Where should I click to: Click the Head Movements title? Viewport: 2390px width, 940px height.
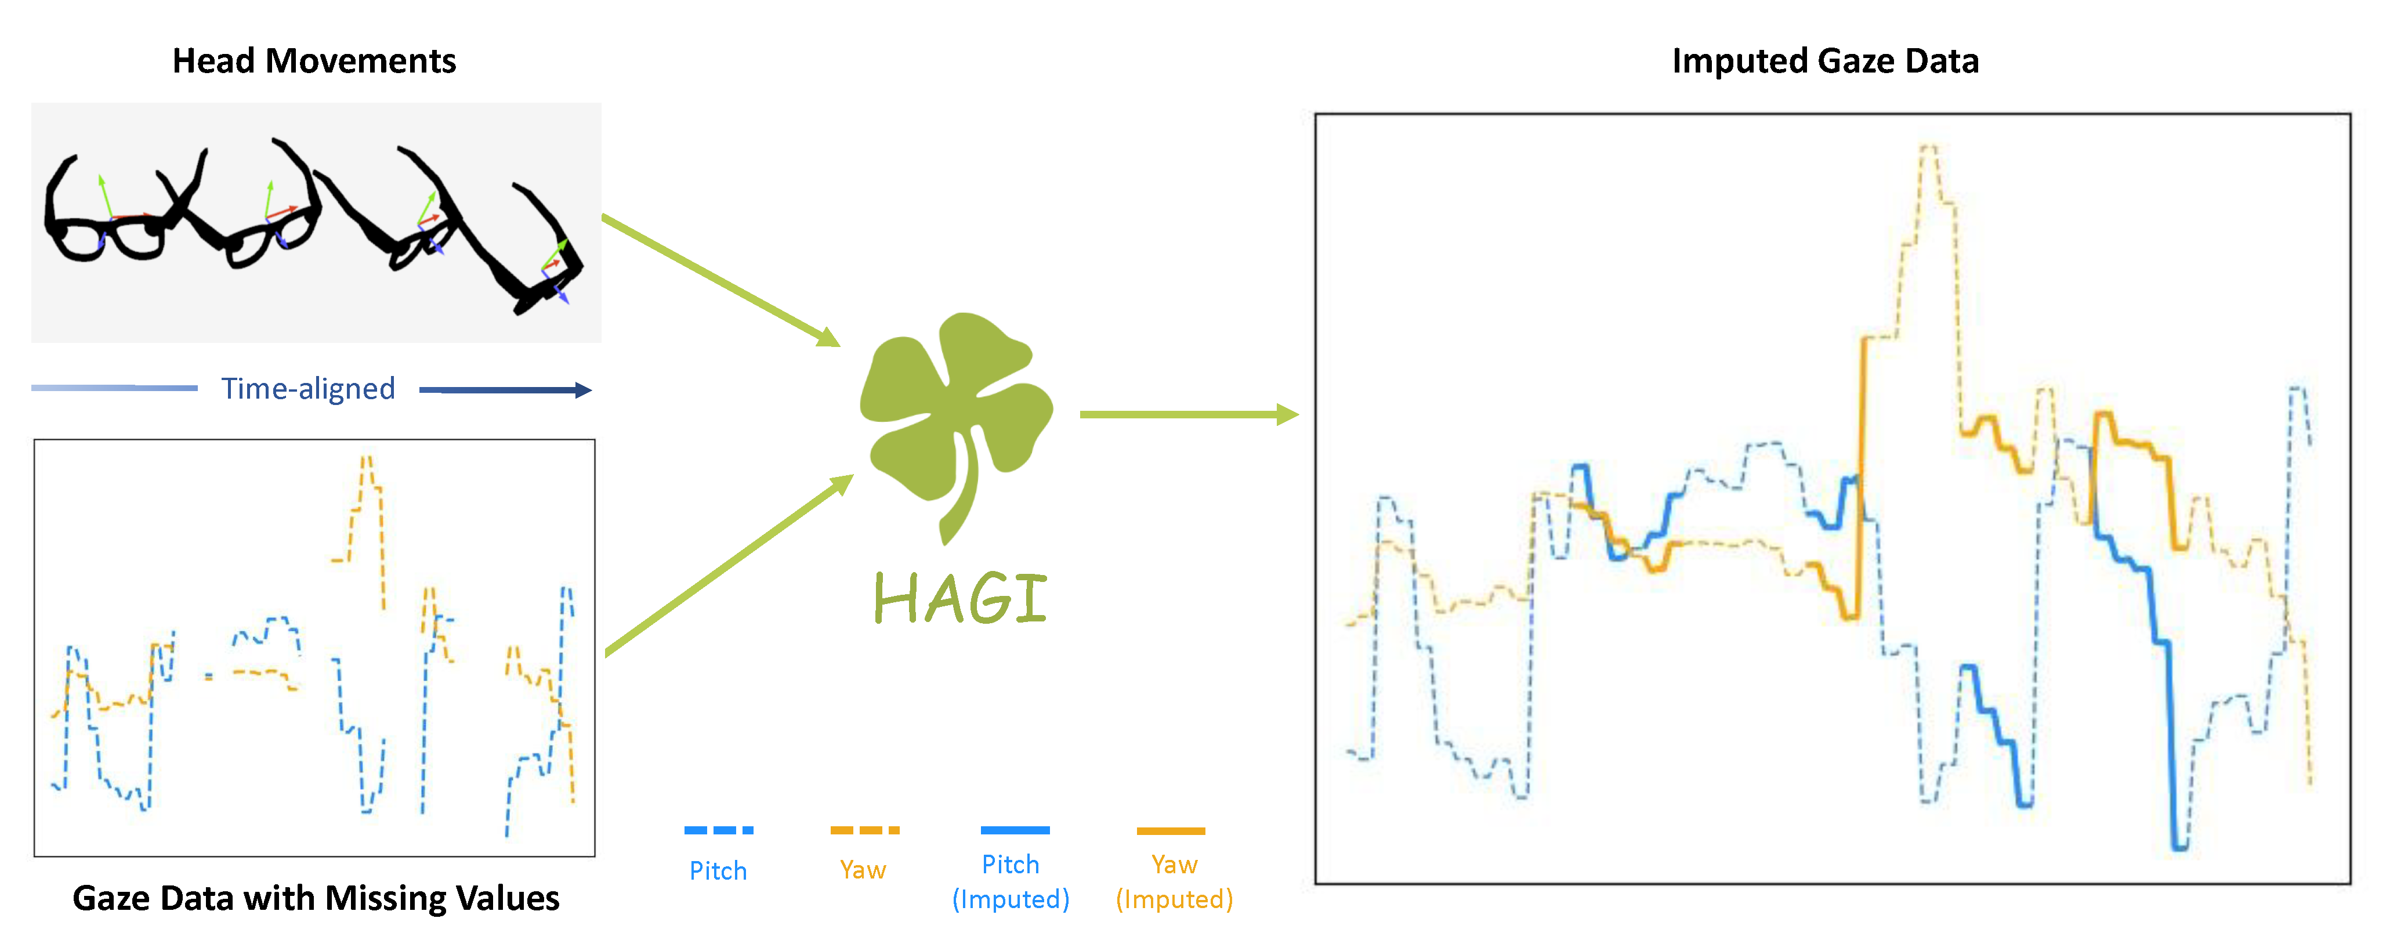click(x=314, y=62)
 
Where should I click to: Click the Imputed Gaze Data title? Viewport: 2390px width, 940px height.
click(x=1825, y=62)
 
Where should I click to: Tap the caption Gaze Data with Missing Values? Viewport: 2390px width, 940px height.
click(x=316, y=898)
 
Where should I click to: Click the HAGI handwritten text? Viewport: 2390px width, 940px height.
click(x=960, y=598)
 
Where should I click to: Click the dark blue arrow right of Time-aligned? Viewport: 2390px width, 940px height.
click(x=506, y=390)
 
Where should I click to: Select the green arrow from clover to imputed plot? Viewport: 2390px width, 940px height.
click(x=1189, y=415)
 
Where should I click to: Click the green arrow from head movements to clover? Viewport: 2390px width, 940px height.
click(x=721, y=280)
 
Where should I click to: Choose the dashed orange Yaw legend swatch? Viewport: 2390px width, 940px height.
click(x=865, y=830)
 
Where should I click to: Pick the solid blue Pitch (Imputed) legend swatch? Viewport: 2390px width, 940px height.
click(x=1015, y=830)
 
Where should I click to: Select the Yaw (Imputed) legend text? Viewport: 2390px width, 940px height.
click(x=1175, y=881)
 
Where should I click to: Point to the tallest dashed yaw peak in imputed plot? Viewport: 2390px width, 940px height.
click(x=1929, y=147)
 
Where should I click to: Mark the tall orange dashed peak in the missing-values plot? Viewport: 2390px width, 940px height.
click(x=367, y=457)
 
